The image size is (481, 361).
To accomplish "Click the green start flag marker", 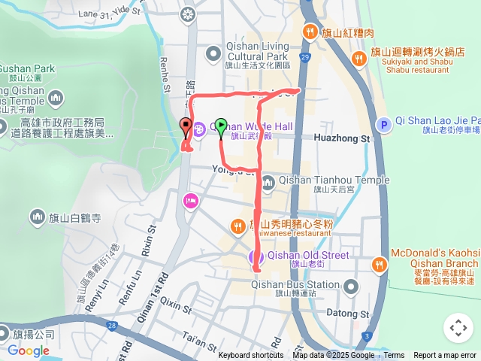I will point(221,126).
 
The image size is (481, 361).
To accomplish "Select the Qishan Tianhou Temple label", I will point(334,180).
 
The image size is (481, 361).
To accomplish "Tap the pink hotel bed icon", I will point(190,200).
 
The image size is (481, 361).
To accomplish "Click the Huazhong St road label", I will point(344,139).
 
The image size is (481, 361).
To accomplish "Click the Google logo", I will point(29,350).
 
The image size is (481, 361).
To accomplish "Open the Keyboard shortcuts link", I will point(250,356).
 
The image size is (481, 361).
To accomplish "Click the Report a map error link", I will point(445,356).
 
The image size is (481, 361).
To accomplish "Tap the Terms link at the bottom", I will point(394,356).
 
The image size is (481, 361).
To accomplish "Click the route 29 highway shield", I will point(304,56).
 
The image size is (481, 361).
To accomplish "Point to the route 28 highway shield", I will point(112,325).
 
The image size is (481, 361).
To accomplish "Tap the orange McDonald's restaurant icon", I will point(379,263).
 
